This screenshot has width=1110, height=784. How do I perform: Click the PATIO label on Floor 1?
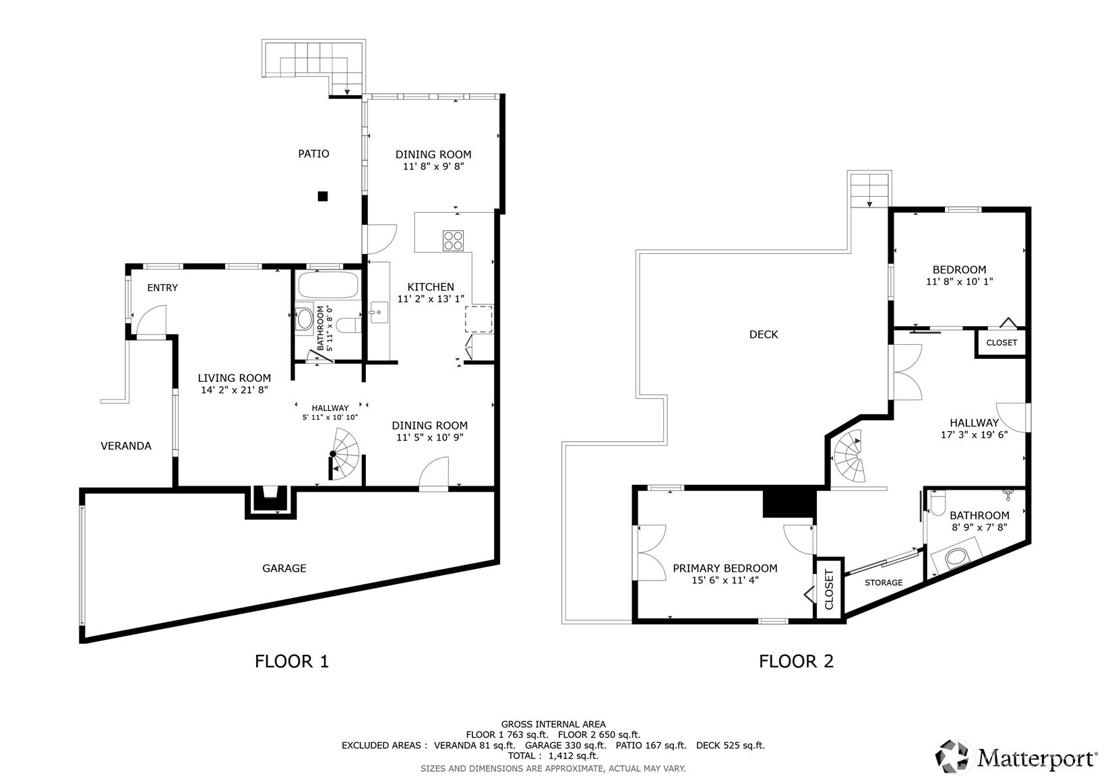313,154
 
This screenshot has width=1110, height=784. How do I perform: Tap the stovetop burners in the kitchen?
453,241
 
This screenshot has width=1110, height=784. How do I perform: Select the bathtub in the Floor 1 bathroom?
328,285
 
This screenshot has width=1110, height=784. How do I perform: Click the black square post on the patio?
323,197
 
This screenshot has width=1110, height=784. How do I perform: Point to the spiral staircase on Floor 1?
344,454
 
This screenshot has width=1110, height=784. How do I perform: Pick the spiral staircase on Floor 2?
849,456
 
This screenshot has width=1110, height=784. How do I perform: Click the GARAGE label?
284,568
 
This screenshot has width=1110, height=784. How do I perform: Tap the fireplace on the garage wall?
270,501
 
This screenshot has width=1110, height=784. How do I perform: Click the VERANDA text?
126,446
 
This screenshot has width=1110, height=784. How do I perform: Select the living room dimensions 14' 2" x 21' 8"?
235,390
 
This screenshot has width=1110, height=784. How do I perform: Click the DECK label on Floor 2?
764,334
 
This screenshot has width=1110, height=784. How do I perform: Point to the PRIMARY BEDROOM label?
725,568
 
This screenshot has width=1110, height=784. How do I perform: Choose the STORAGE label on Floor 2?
884,583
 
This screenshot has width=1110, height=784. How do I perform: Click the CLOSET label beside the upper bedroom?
1001,343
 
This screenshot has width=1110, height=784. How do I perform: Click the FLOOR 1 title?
291,661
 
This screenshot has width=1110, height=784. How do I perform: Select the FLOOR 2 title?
797,661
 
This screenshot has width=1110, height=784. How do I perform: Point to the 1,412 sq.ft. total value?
574,756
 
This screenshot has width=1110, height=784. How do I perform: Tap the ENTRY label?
162,288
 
